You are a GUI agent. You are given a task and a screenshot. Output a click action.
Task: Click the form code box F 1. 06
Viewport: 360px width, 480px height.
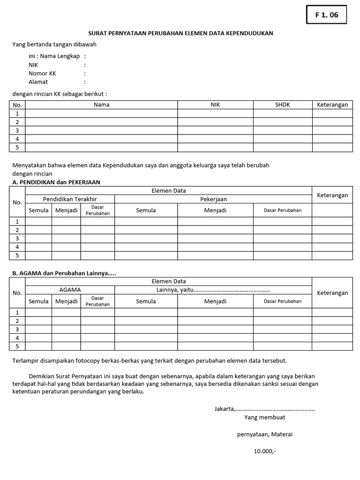click(326, 15)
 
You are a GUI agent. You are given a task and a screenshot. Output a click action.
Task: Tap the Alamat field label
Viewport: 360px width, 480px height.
click(38, 82)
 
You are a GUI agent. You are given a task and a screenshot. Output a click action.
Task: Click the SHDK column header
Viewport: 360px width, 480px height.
click(283, 105)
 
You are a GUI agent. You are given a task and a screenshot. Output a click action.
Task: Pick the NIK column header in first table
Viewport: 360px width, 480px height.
click(215, 105)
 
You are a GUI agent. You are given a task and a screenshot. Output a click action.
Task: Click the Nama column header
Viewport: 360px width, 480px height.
click(101, 105)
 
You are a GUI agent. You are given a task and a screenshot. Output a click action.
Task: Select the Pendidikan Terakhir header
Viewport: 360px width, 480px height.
click(70, 199)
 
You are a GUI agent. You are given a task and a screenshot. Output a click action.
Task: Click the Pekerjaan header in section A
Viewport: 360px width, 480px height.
click(213, 199)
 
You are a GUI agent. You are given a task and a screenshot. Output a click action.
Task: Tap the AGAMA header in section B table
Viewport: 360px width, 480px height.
click(70, 290)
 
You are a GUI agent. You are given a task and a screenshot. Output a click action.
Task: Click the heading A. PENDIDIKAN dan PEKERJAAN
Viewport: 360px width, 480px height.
click(56, 182)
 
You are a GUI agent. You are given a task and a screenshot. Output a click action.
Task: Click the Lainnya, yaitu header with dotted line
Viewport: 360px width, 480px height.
click(213, 290)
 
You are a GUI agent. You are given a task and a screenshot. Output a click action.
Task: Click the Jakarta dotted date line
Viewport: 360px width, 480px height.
click(265, 409)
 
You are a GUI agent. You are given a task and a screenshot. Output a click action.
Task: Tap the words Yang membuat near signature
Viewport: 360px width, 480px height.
click(265, 417)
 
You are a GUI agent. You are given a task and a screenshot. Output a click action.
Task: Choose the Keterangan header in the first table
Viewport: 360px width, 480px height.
click(332, 105)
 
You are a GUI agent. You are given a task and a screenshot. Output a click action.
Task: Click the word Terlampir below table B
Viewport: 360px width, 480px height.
click(26, 360)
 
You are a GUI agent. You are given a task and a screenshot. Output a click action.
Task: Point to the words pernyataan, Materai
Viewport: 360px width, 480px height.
click(265, 434)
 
